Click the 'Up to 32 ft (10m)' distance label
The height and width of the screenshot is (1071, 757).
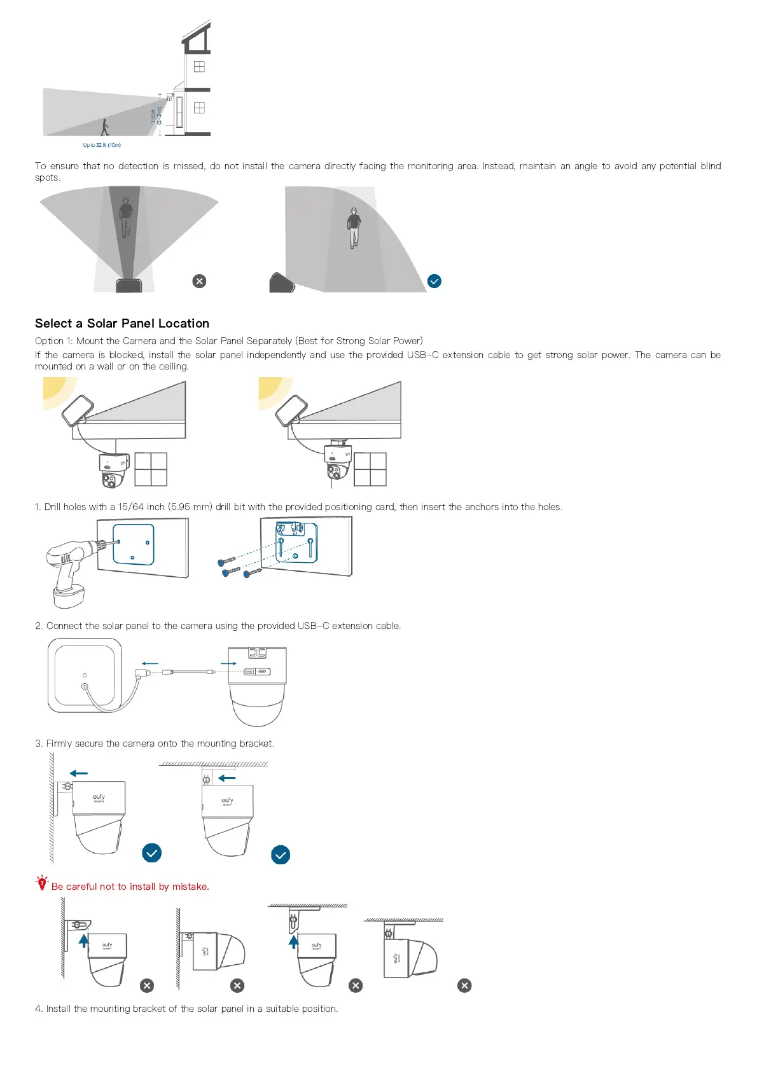click(102, 145)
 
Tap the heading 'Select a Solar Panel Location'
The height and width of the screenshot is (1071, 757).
click(122, 323)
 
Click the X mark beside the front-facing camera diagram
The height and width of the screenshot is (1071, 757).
click(199, 281)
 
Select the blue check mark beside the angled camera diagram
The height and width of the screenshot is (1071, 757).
click(434, 281)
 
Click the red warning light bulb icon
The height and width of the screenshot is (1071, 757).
click(42, 883)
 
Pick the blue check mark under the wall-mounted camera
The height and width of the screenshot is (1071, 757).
click(151, 853)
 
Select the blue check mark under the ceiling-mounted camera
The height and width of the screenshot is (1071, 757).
click(281, 855)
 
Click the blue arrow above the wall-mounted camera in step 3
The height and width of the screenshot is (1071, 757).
click(79, 773)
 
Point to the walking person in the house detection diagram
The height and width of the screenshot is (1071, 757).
click(105, 127)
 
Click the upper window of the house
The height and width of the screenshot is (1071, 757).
click(199, 66)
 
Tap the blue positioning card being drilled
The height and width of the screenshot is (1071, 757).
click(134, 544)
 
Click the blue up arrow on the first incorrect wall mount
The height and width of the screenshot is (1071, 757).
click(83, 941)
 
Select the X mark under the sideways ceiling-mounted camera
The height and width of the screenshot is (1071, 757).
click(464, 985)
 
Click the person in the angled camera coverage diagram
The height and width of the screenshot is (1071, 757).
click(354, 227)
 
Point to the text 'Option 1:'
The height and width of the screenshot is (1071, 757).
click(54, 341)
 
